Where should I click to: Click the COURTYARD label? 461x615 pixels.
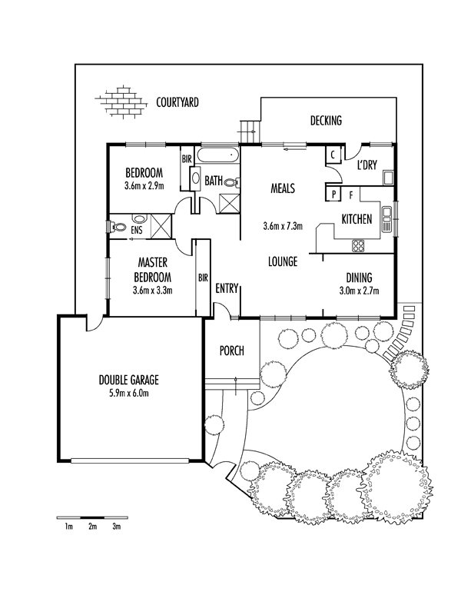(x=177, y=101)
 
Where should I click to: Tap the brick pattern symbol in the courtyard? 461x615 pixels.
(x=119, y=102)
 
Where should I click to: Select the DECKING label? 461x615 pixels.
(x=326, y=121)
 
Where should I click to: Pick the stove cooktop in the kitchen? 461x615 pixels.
(x=358, y=246)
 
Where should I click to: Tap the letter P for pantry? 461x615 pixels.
(x=333, y=194)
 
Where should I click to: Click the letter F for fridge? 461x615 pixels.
(x=350, y=194)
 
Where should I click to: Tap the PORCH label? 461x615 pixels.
(x=231, y=351)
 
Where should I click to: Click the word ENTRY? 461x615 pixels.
(x=227, y=289)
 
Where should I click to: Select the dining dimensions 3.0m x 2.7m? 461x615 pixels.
(x=359, y=291)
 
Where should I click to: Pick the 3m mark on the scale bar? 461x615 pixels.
(x=117, y=527)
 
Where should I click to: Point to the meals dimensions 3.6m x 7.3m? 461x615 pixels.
(x=283, y=226)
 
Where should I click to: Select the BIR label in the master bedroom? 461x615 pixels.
(x=203, y=278)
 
